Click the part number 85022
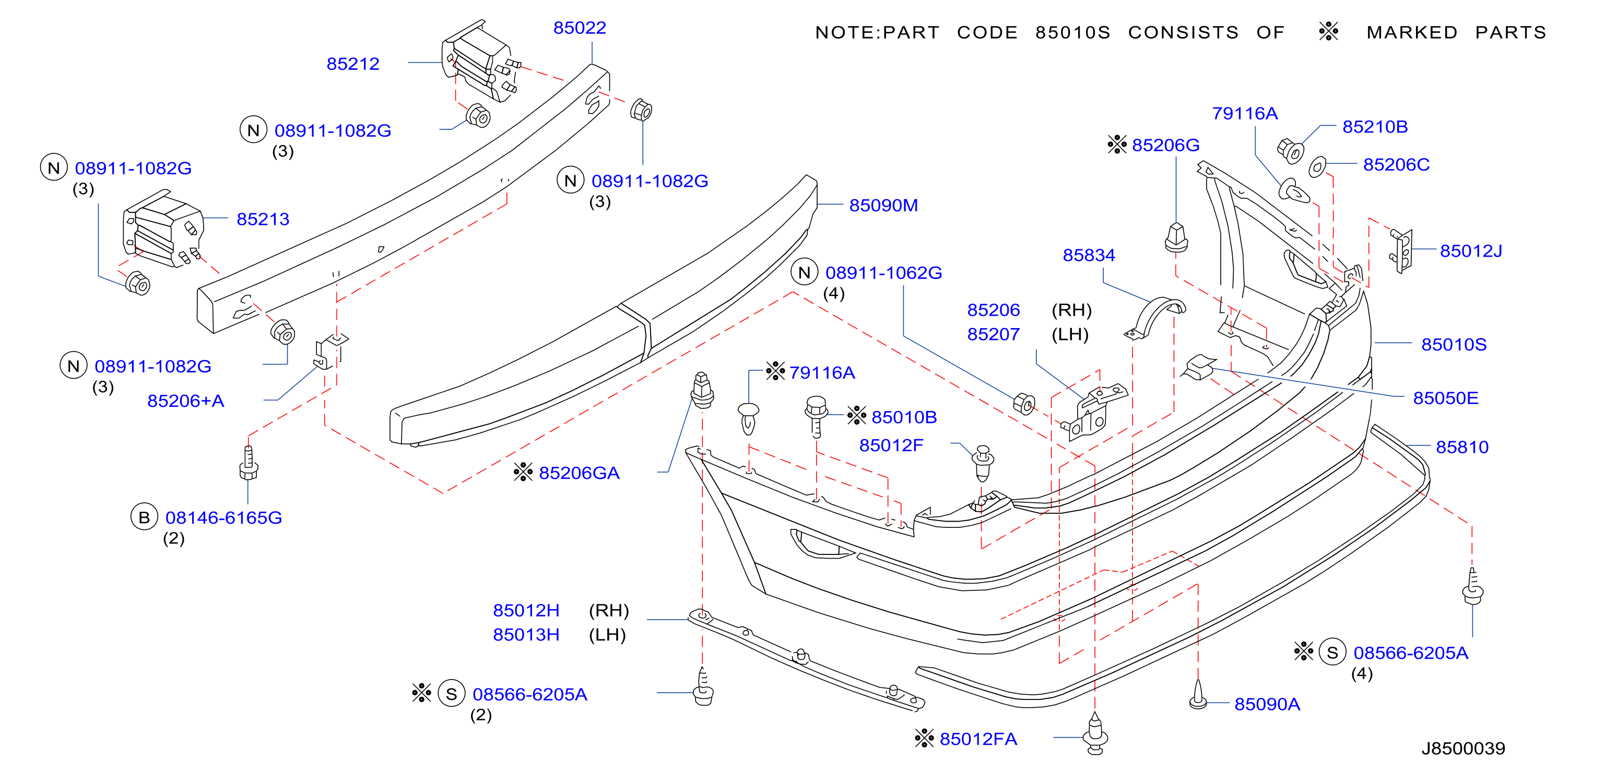pos(580,28)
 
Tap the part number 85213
pos(263,219)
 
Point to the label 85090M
pos(883,205)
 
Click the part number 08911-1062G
pos(883,273)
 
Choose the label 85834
pos(1089,255)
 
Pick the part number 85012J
pos(1471,251)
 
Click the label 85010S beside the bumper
pos(1454,344)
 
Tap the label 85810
pos(1462,446)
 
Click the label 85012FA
pos(978,739)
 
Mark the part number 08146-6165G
pos(223,517)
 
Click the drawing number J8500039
pos(1463,748)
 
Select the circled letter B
pos(144,517)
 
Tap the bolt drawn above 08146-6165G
pos(249,463)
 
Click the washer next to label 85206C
pos(1317,167)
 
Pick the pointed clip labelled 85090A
pos(1198,694)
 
